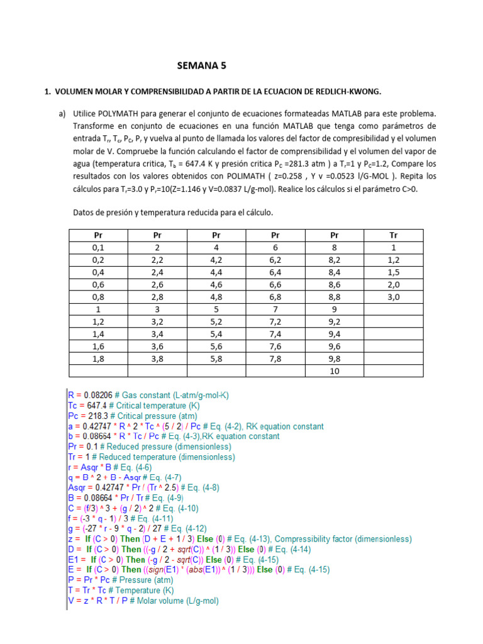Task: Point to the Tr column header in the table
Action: click(x=394, y=235)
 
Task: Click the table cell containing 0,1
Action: click(x=99, y=247)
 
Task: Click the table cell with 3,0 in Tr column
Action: click(x=394, y=297)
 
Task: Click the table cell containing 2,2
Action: click(x=158, y=260)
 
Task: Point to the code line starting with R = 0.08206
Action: click(x=148, y=395)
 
